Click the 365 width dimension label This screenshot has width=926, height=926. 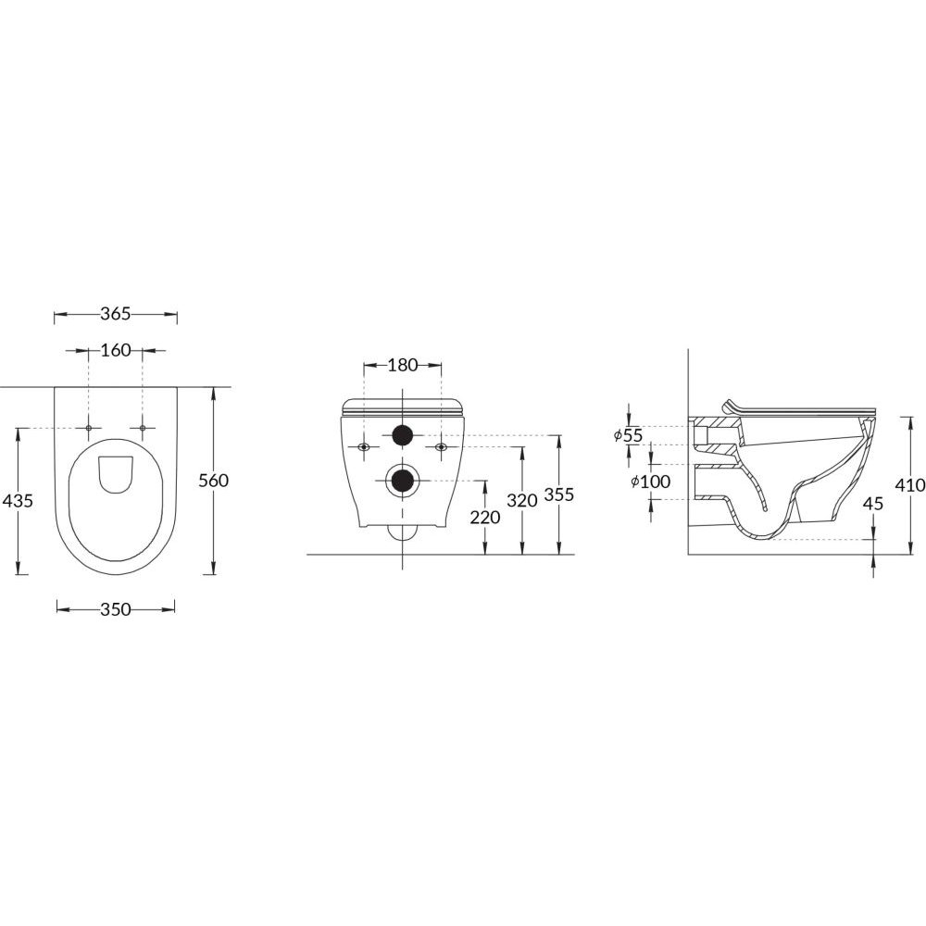(x=115, y=314)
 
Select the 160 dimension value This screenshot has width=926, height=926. (x=115, y=350)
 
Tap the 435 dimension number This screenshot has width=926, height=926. (x=19, y=501)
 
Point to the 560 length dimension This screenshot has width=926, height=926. (x=213, y=481)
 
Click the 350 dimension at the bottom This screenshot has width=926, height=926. (x=115, y=609)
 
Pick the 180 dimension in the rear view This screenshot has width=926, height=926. (x=403, y=365)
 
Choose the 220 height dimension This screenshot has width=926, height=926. (x=485, y=518)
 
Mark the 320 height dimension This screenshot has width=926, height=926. (x=522, y=500)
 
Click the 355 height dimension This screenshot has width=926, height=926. (x=558, y=494)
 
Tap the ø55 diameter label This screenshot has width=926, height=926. (x=628, y=435)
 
